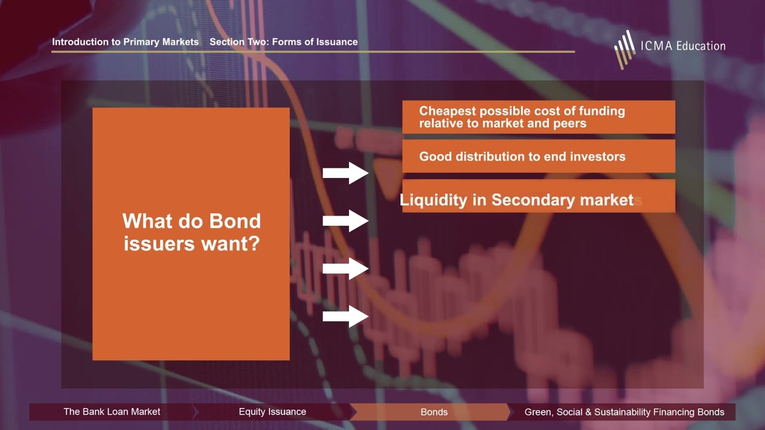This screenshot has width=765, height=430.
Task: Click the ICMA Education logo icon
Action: (625, 48)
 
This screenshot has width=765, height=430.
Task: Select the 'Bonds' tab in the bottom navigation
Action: (434, 412)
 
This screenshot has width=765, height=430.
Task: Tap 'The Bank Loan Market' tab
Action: (112, 412)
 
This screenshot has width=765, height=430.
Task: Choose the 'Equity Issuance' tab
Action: (272, 412)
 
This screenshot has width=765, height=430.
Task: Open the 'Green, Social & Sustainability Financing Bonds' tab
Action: (624, 412)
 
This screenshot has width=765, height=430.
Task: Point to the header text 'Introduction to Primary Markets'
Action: (125, 42)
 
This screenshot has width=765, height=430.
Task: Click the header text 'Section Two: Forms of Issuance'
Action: (283, 42)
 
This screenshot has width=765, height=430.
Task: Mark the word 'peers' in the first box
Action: (570, 124)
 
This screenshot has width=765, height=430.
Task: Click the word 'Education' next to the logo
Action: (699, 46)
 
